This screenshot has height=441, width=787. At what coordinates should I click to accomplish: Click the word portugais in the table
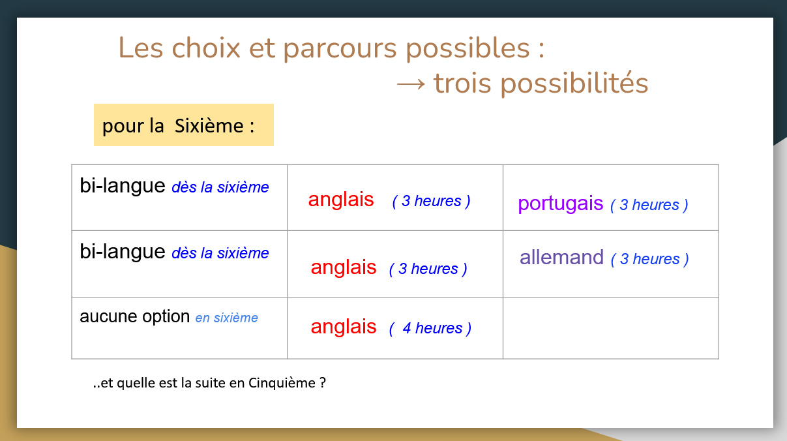click(560, 204)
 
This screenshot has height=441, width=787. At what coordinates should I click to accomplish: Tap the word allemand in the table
click(561, 257)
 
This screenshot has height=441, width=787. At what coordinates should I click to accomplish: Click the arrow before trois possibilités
click(411, 84)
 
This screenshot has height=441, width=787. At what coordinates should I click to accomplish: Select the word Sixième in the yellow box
click(209, 125)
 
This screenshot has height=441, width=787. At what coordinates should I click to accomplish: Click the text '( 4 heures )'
click(430, 328)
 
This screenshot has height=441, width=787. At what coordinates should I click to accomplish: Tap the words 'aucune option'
click(134, 316)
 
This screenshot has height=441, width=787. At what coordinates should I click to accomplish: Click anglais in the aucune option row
click(343, 326)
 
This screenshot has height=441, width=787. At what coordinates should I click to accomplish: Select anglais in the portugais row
click(341, 199)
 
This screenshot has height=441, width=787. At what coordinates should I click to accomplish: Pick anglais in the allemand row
click(343, 267)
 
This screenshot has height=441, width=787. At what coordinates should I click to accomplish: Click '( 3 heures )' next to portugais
click(649, 205)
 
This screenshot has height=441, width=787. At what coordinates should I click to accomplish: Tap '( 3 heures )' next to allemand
click(650, 259)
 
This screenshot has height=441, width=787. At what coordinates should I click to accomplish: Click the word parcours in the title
click(340, 48)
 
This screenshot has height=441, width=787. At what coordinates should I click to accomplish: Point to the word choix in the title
click(206, 48)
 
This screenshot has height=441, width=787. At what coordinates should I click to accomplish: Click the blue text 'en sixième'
click(227, 318)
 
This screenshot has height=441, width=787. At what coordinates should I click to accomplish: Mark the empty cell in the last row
click(611, 328)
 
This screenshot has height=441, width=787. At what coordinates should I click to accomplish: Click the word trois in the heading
click(462, 84)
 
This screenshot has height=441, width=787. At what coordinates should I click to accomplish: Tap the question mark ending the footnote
click(323, 383)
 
